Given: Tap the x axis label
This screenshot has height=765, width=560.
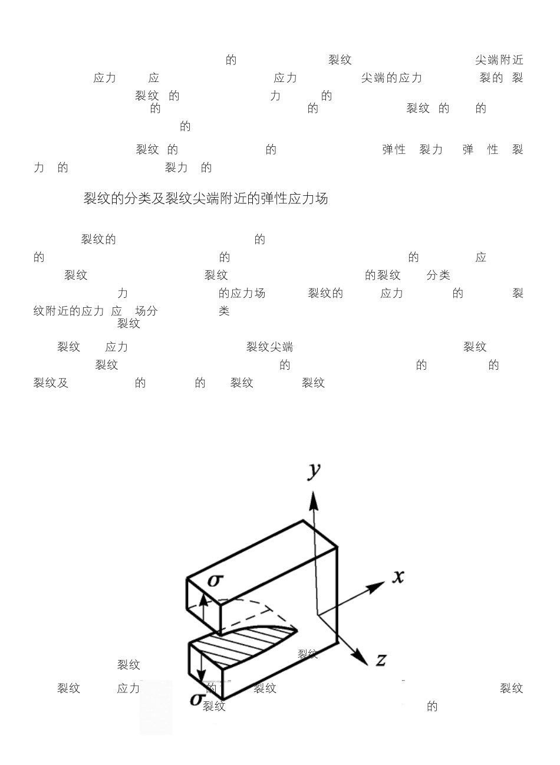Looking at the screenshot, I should (x=398, y=576).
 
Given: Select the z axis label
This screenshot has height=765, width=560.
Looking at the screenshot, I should (x=381, y=659).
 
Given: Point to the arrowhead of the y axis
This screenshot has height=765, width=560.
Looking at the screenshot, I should (x=314, y=501).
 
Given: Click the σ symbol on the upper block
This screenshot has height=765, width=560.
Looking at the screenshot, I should (x=216, y=580).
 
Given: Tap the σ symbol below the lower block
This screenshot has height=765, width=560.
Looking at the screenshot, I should (x=197, y=700).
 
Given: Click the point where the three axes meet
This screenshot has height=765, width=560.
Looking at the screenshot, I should (x=318, y=615).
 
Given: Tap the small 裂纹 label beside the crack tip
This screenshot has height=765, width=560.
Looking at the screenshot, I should (x=308, y=654).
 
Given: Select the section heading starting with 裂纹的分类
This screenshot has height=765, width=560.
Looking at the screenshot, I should (x=206, y=199).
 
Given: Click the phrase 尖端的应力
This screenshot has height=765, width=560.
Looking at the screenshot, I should (x=391, y=78).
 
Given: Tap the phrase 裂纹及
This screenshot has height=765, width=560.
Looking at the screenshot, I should (x=51, y=383).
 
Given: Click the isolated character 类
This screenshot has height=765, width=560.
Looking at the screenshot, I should (x=224, y=311).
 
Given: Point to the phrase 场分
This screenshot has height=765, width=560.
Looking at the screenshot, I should (x=147, y=311).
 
